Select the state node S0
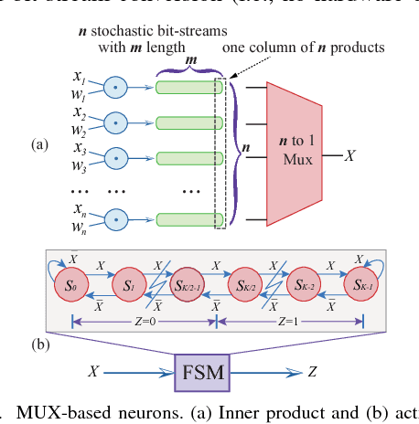(68, 285)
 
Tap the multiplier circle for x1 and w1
(116, 87)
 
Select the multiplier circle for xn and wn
(116, 219)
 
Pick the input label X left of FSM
(93, 373)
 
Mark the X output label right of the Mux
(349, 156)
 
